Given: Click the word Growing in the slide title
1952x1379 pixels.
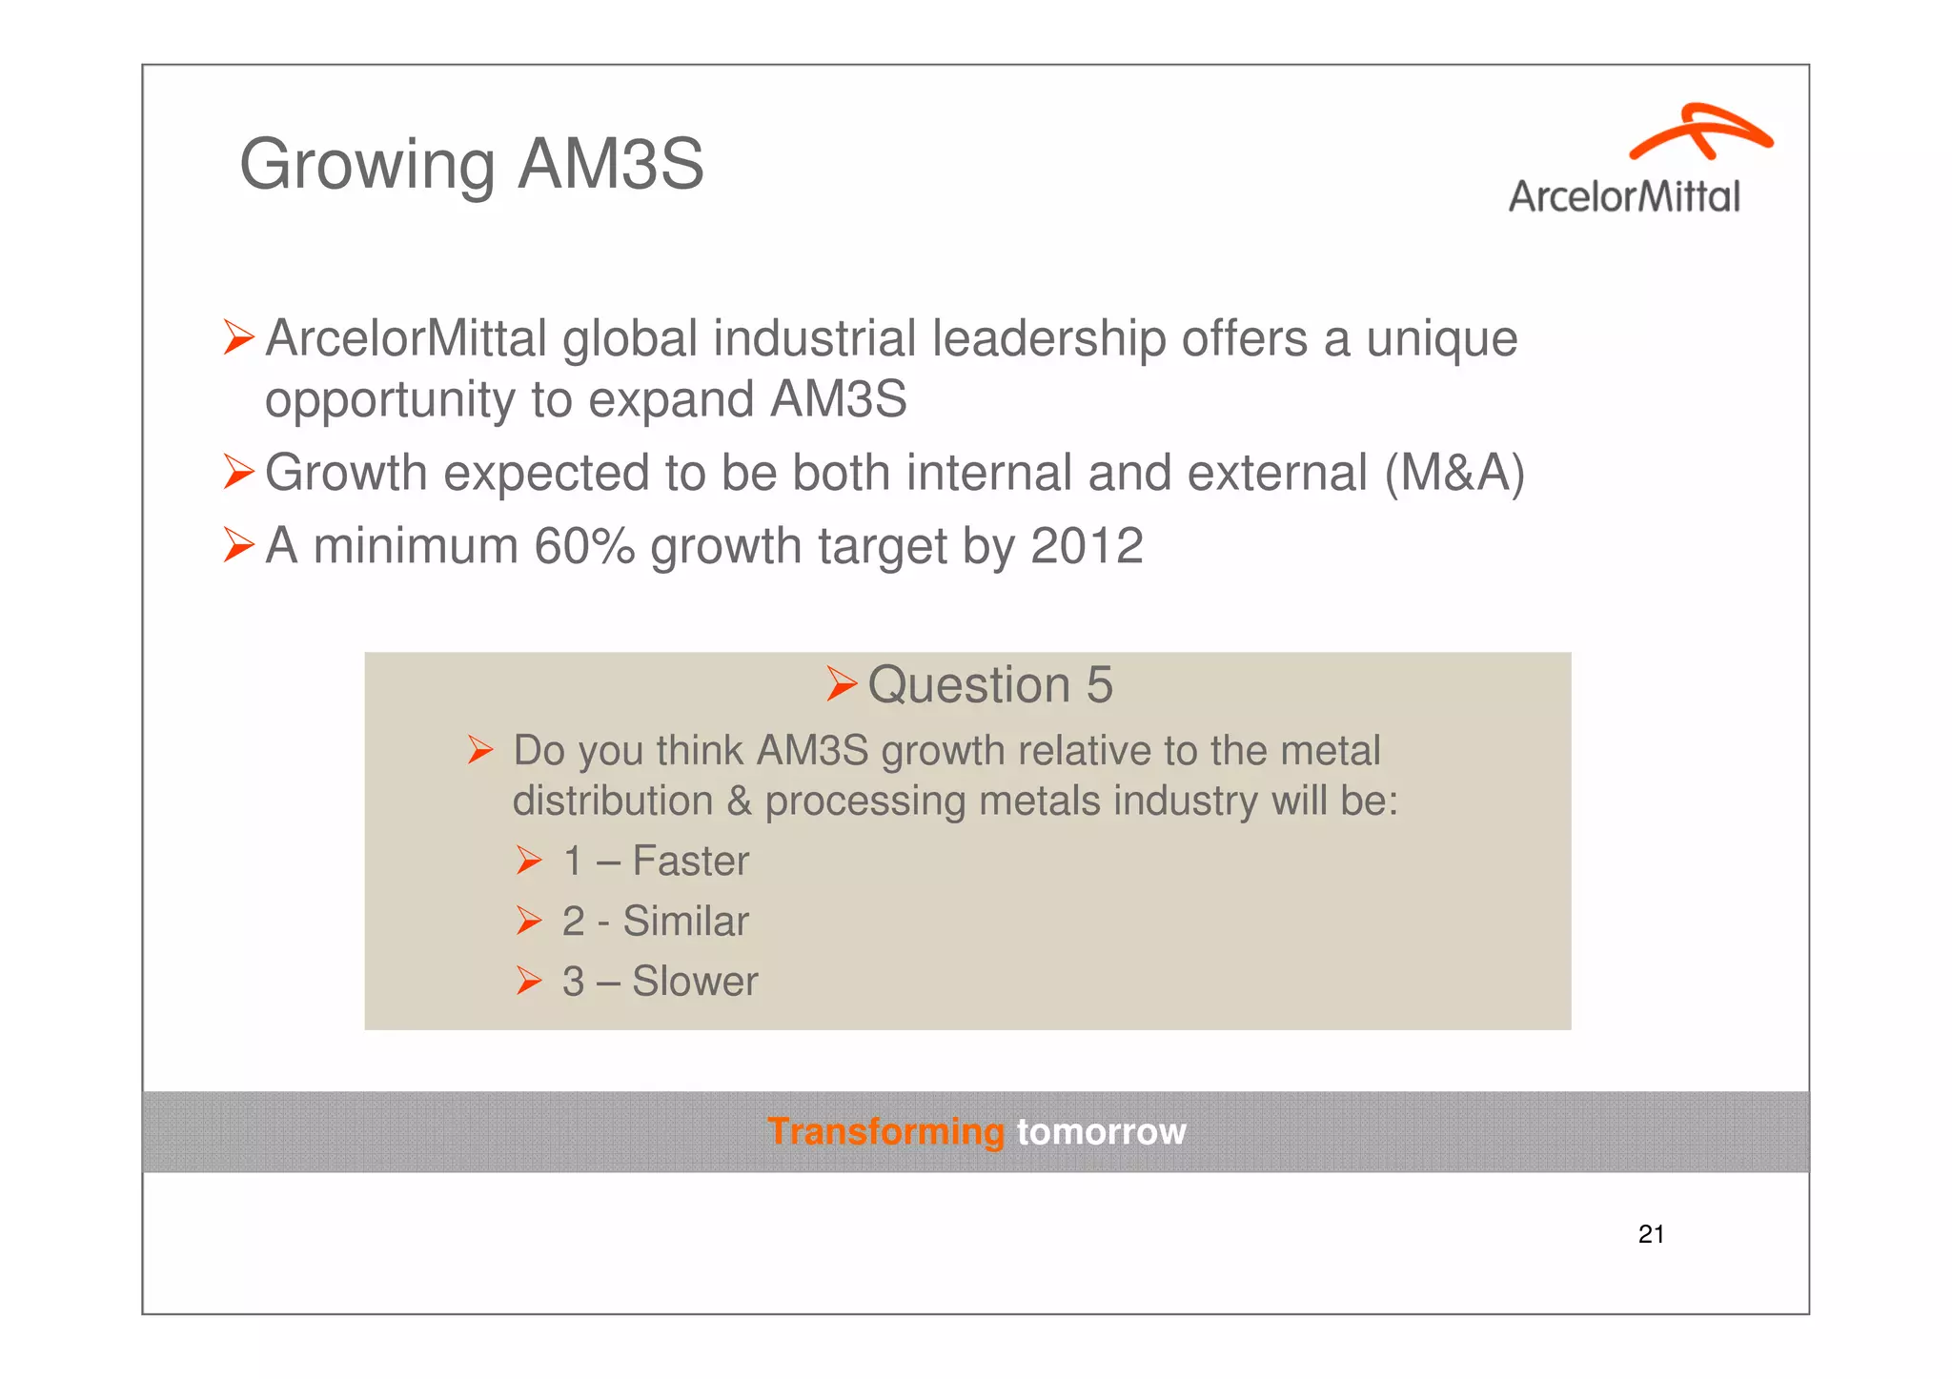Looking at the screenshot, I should tap(366, 165).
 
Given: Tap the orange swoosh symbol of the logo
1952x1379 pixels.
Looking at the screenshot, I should tap(1700, 132).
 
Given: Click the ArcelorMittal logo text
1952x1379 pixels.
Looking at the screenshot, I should tap(1624, 197).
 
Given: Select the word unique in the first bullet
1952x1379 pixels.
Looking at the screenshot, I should tap(1441, 339).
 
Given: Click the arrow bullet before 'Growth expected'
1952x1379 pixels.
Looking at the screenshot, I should tap(238, 473).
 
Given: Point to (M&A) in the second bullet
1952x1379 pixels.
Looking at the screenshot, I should tap(1454, 473).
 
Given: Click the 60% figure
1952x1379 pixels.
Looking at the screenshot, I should tap(583, 546).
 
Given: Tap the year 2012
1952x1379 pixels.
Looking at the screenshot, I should tap(1087, 546).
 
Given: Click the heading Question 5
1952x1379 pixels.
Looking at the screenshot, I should tap(989, 685).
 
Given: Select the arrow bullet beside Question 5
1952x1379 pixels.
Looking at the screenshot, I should tap(842, 683).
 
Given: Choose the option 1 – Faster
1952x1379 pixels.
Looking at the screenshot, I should tap(656, 862).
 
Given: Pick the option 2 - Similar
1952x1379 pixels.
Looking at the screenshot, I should tap(656, 922).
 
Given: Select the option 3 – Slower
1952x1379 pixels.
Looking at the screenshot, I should tap(660, 982).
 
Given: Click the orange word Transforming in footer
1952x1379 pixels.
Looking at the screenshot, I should tap(885, 1132).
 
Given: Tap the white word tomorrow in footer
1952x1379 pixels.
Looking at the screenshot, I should tap(1101, 1132).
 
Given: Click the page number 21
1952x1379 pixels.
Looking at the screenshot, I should tap(1651, 1235).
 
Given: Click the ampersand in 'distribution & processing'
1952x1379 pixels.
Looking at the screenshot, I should tap(739, 801).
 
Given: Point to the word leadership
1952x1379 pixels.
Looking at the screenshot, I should tap(1048, 339).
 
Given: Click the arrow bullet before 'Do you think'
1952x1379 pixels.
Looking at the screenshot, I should tap(480, 751).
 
